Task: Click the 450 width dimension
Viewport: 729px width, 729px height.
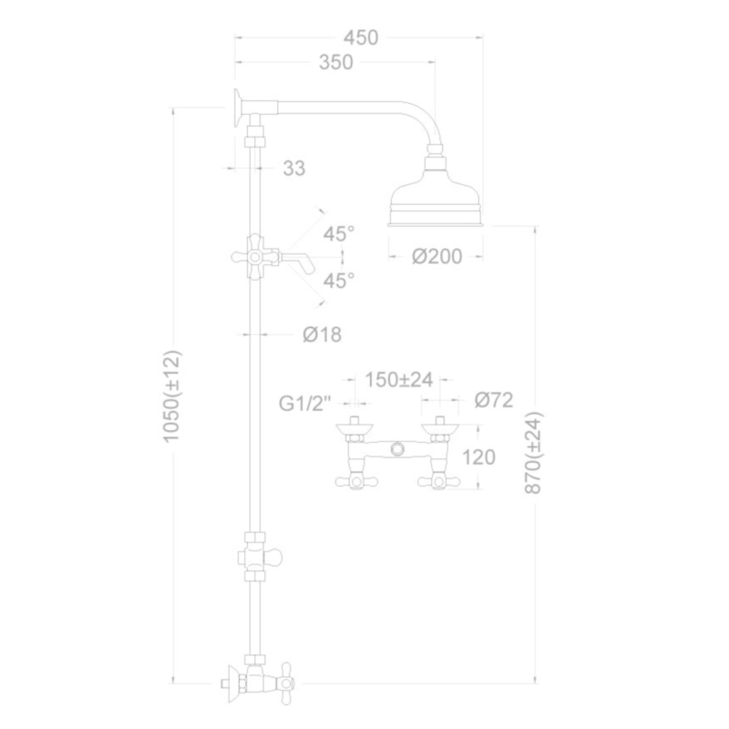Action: pos(361,37)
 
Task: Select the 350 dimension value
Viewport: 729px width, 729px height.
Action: pos(336,62)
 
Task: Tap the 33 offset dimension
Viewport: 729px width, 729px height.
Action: pos(293,168)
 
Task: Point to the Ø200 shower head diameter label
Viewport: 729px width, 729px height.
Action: pos(437,256)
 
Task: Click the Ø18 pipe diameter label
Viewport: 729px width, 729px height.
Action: pos(323,334)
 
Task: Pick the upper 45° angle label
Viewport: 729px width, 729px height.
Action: pos(339,233)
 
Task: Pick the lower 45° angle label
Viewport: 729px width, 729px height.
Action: pos(339,281)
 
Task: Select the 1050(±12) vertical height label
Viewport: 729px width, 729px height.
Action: pos(171,396)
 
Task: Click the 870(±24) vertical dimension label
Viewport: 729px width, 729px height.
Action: pos(533,453)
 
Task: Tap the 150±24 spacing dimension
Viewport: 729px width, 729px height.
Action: pos(398,379)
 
